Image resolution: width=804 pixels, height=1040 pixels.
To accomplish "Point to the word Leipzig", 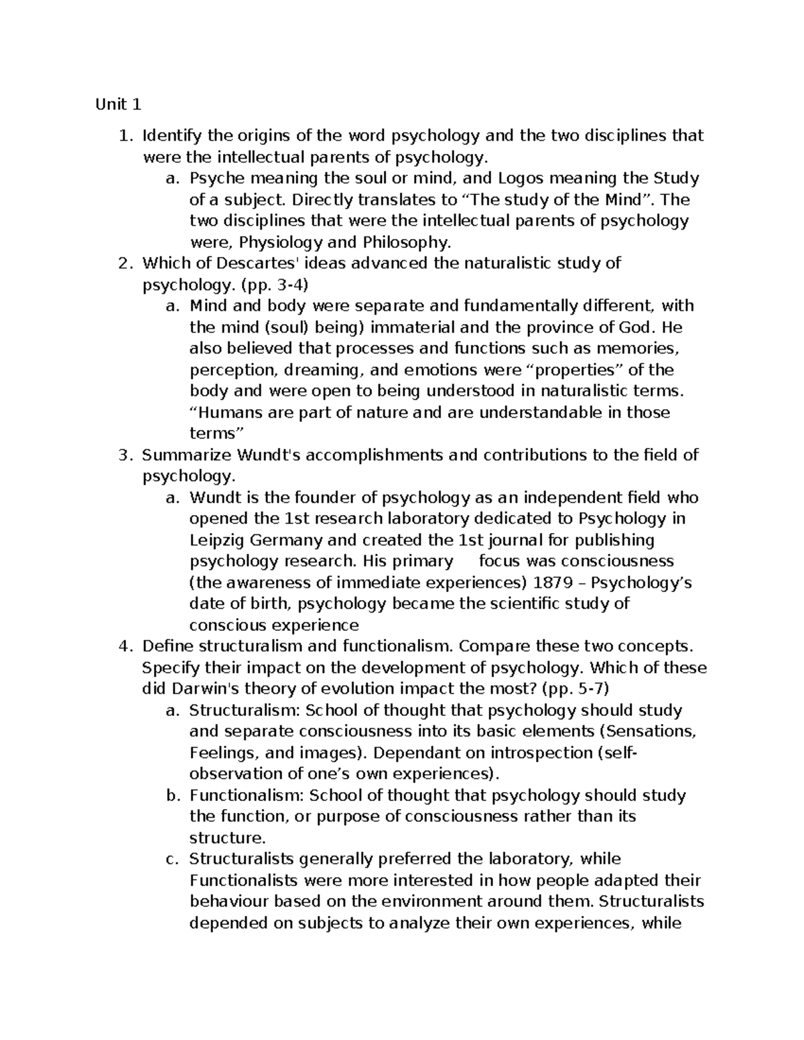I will coord(216,540).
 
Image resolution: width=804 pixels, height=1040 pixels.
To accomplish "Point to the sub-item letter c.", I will coord(172,859).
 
